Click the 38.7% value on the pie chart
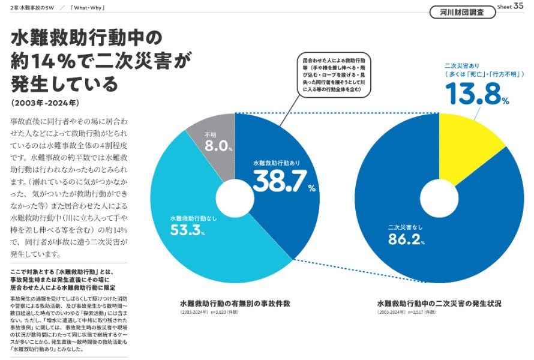[280, 181]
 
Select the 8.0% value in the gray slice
[217, 146]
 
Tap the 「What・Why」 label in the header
[88, 7]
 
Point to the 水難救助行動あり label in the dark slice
[276, 163]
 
